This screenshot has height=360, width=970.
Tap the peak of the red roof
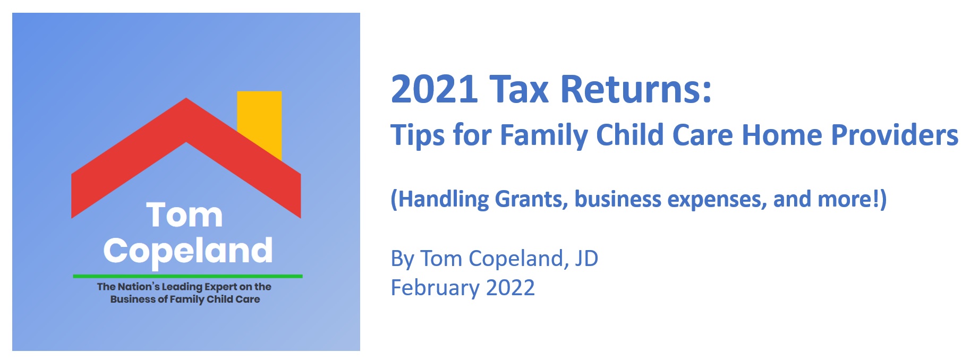click(186, 98)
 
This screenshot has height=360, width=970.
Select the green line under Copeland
click(188, 276)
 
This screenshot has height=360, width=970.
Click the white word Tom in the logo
click(184, 215)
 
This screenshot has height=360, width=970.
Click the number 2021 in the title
click(435, 89)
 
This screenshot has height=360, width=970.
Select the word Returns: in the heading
click(636, 89)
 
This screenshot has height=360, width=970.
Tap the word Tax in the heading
click(519, 89)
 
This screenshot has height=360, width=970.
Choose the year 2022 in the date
click(510, 288)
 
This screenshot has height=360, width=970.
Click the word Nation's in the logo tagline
click(138, 287)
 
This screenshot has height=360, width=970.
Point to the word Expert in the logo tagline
click(220, 287)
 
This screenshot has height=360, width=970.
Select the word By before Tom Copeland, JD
click(402, 259)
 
